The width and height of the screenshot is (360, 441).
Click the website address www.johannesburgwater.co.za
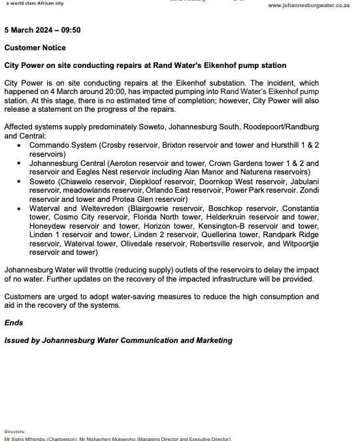coord(313,5)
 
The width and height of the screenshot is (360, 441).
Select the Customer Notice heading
coord(35,48)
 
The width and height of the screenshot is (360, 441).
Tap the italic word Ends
coord(14,323)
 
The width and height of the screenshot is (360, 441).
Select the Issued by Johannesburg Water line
coord(118,340)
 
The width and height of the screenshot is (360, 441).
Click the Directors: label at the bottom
coord(15,432)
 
